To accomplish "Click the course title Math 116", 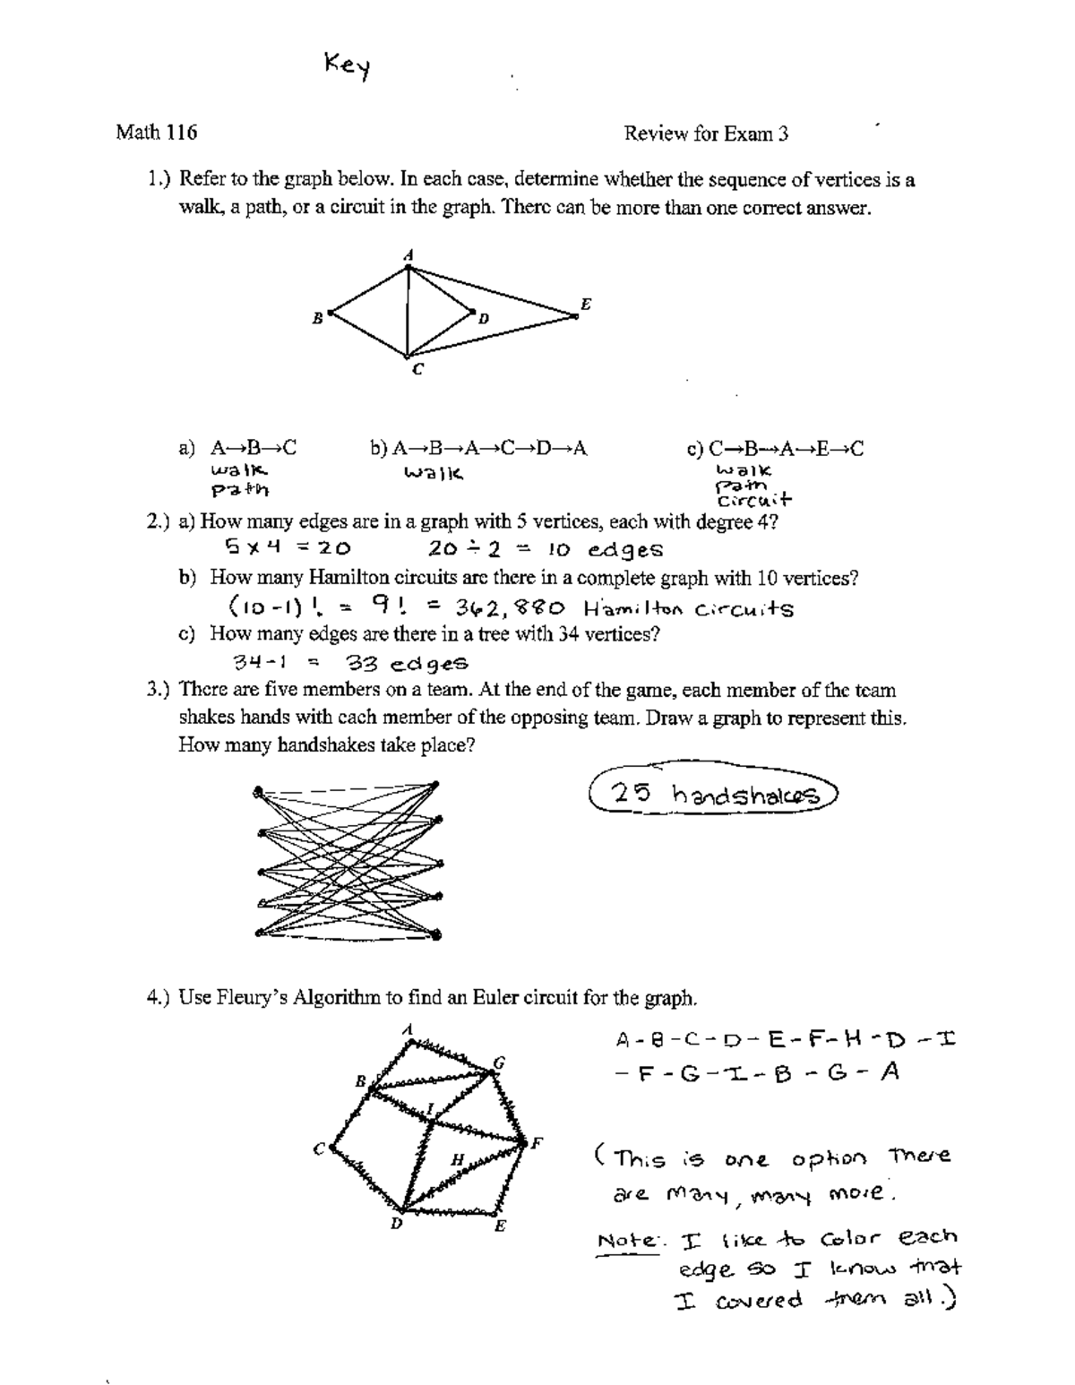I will (156, 133).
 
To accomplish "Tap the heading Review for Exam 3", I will (706, 133).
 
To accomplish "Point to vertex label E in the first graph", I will (586, 304).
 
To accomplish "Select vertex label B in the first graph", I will (316, 317).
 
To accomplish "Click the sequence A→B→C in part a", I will (253, 448).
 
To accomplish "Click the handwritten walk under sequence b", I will (434, 472).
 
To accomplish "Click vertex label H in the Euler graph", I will (457, 1159).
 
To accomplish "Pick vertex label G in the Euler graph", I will (500, 1062).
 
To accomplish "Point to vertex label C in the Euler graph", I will (318, 1149).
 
